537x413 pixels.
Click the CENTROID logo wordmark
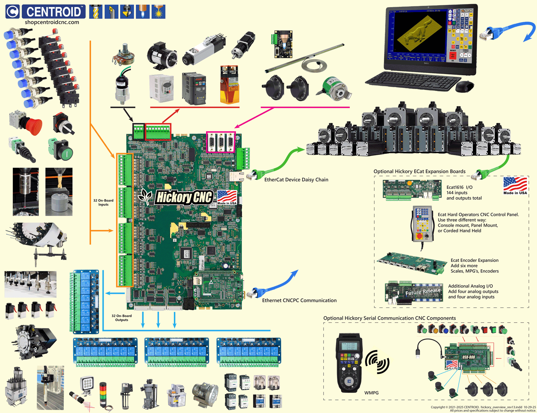(x=54, y=12)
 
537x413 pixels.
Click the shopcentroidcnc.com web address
(x=52, y=22)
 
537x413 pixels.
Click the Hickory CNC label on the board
(x=184, y=197)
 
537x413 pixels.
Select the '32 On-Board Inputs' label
(x=103, y=202)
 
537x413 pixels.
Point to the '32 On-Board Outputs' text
(x=121, y=318)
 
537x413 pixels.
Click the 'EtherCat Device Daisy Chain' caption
(x=296, y=180)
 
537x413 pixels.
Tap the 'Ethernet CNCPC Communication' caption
(x=299, y=301)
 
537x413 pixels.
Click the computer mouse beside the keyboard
(x=465, y=87)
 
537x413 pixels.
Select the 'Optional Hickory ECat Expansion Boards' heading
(x=419, y=172)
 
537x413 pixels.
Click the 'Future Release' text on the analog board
(x=423, y=292)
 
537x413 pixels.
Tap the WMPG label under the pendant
(x=371, y=393)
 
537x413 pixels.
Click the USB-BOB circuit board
(x=468, y=358)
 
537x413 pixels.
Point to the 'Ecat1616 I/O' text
(x=459, y=187)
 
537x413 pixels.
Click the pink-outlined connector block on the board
(x=221, y=142)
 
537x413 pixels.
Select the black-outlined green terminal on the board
(x=138, y=132)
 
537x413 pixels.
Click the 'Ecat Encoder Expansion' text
(x=474, y=261)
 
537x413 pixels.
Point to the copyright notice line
(x=483, y=407)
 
